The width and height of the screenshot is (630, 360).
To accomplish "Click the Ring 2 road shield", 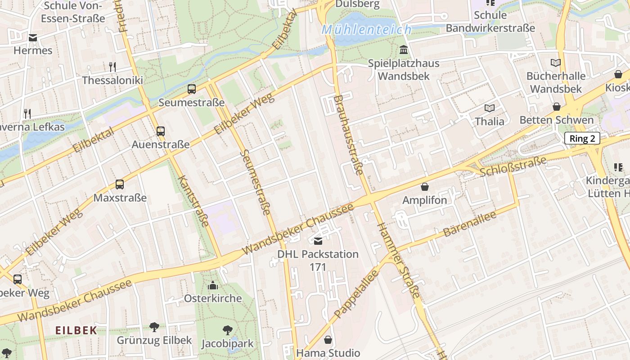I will point(582,139).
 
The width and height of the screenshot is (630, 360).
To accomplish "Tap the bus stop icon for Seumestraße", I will point(192,89).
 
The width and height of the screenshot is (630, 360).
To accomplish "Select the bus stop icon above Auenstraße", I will point(161,131).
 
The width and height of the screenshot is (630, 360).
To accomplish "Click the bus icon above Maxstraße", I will point(120,184).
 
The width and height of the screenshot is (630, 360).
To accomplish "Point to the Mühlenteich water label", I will point(366,30).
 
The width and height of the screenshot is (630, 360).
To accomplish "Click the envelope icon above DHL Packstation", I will point(318,241).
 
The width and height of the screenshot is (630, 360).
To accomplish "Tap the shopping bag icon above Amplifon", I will point(424,187).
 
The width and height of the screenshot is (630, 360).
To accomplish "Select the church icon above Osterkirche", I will point(213,285).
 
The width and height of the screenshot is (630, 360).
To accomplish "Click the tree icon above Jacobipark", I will point(227,330).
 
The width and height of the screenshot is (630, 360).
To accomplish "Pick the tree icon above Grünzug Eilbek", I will point(154,327).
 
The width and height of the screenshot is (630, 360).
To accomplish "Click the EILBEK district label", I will point(76,330).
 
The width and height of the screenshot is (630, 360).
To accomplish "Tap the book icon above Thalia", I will point(490,108).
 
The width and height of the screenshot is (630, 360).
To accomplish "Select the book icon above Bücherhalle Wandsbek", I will point(556,63).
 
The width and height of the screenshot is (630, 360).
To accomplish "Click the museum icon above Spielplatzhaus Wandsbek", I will point(404,49).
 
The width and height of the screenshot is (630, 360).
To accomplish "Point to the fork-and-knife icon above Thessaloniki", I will point(112,67).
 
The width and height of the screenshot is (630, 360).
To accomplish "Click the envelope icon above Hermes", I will point(33,38).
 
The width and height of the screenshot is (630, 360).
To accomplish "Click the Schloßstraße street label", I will point(513,166).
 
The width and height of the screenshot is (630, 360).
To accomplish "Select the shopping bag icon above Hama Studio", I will point(328,340).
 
